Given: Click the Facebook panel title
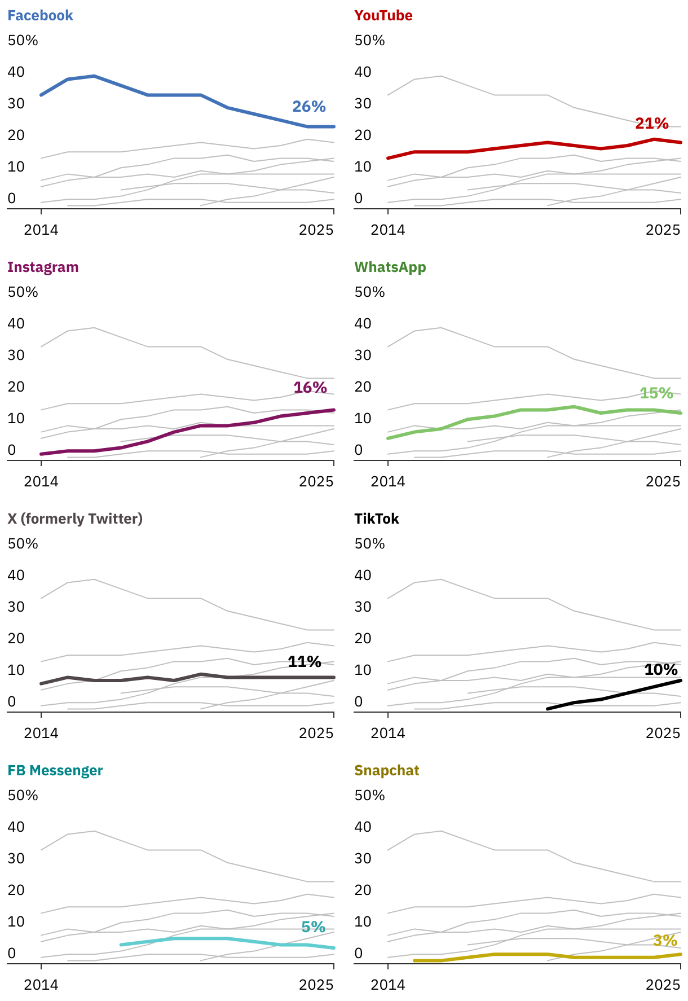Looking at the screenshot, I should click(x=40, y=16).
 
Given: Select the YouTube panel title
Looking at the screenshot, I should click(x=383, y=16).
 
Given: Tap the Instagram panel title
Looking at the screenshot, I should click(x=43, y=267).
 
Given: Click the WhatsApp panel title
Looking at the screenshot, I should click(x=390, y=267).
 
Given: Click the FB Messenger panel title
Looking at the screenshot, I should click(x=55, y=771).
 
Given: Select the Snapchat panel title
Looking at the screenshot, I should click(x=386, y=771).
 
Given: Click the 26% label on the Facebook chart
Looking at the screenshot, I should click(x=309, y=107).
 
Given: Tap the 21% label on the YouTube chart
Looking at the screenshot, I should click(x=652, y=124).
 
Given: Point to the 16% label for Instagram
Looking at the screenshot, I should click(x=310, y=388).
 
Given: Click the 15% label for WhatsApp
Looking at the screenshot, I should click(x=656, y=393).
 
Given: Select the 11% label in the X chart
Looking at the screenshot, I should click(x=305, y=662).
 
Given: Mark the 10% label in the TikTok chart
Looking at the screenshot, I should click(x=661, y=670).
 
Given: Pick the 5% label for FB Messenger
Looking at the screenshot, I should click(x=314, y=927).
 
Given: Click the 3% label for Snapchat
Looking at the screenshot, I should click(x=665, y=941).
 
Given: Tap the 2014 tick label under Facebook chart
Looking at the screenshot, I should click(x=41, y=230).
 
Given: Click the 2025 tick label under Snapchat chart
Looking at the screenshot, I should click(x=663, y=985).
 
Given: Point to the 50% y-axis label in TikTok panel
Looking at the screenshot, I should click(x=369, y=544).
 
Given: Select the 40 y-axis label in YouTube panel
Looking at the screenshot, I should click(x=363, y=72).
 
